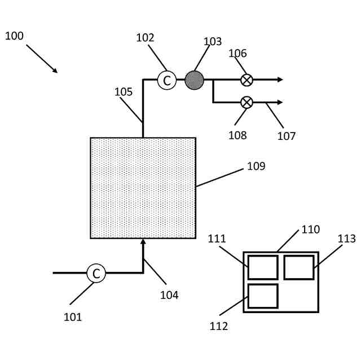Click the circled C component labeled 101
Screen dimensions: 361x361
click(x=96, y=274)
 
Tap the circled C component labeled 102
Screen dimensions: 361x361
click(x=166, y=80)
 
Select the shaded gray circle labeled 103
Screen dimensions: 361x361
click(x=194, y=80)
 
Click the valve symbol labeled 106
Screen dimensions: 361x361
click(x=246, y=80)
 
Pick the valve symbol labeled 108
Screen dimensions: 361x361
click(x=246, y=102)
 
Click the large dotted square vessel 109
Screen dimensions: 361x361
click(x=143, y=188)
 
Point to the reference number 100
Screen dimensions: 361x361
click(x=14, y=36)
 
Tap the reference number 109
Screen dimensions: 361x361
click(x=256, y=166)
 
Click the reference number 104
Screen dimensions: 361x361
click(x=169, y=294)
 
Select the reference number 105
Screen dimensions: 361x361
click(x=124, y=92)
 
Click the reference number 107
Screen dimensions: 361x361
click(x=286, y=136)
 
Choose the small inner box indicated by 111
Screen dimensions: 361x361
click(x=262, y=267)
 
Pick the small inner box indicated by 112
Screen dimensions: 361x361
click(x=262, y=296)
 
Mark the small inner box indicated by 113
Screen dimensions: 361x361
click(x=298, y=267)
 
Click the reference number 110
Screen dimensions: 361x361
click(x=310, y=230)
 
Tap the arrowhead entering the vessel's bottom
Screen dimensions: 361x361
click(x=143, y=242)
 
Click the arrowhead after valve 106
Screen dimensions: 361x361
click(x=280, y=80)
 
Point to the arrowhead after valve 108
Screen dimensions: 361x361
click(x=280, y=102)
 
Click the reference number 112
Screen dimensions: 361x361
click(x=219, y=326)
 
